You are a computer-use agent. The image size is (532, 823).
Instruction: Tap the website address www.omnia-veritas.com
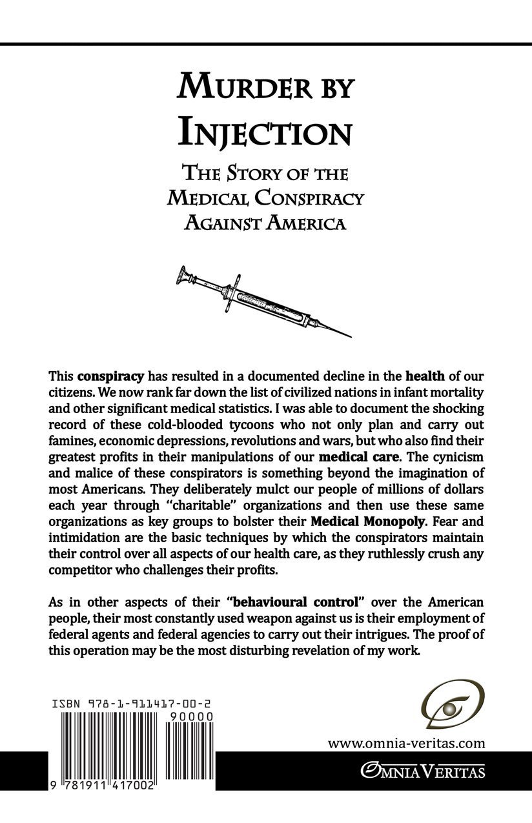coord(405,743)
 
